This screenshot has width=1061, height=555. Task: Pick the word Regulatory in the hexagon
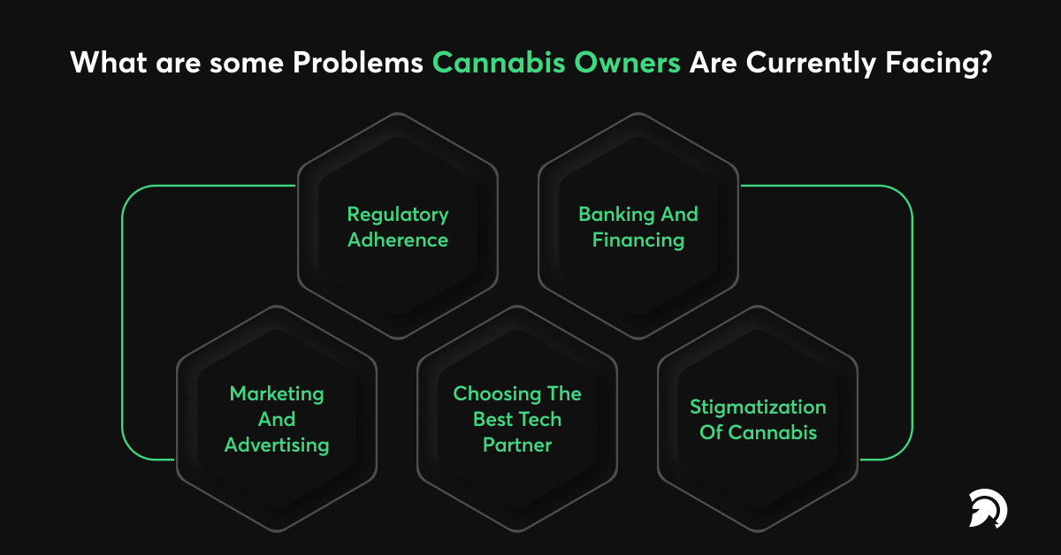[x=398, y=215]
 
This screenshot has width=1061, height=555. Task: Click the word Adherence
[x=398, y=240]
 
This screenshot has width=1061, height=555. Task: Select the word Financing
[x=638, y=240]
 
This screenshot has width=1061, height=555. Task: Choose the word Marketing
[x=277, y=394]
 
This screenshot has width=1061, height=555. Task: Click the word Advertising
[x=277, y=445]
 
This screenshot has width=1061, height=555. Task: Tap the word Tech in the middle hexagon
[x=540, y=420]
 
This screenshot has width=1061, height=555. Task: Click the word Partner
[x=517, y=445]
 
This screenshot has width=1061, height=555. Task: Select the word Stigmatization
[x=758, y=407]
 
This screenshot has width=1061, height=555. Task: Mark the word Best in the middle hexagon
[x=493, y=420]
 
